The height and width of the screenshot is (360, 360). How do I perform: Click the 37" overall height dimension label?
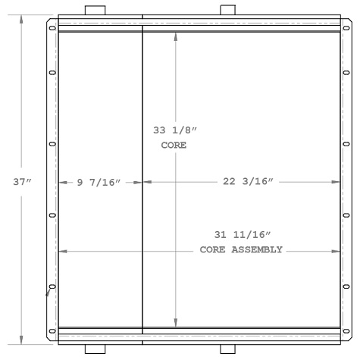click(22, 181)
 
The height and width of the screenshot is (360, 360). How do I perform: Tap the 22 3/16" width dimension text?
click(248, 181)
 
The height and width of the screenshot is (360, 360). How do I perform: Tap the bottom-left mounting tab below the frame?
click(95, 349)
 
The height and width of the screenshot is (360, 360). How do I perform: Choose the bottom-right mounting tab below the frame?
click(229, 349)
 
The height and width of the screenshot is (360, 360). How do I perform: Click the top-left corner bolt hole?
click(52, 29)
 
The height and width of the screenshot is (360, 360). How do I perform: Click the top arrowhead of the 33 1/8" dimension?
click(177, 36)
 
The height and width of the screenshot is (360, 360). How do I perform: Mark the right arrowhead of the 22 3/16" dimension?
click(335, 181)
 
